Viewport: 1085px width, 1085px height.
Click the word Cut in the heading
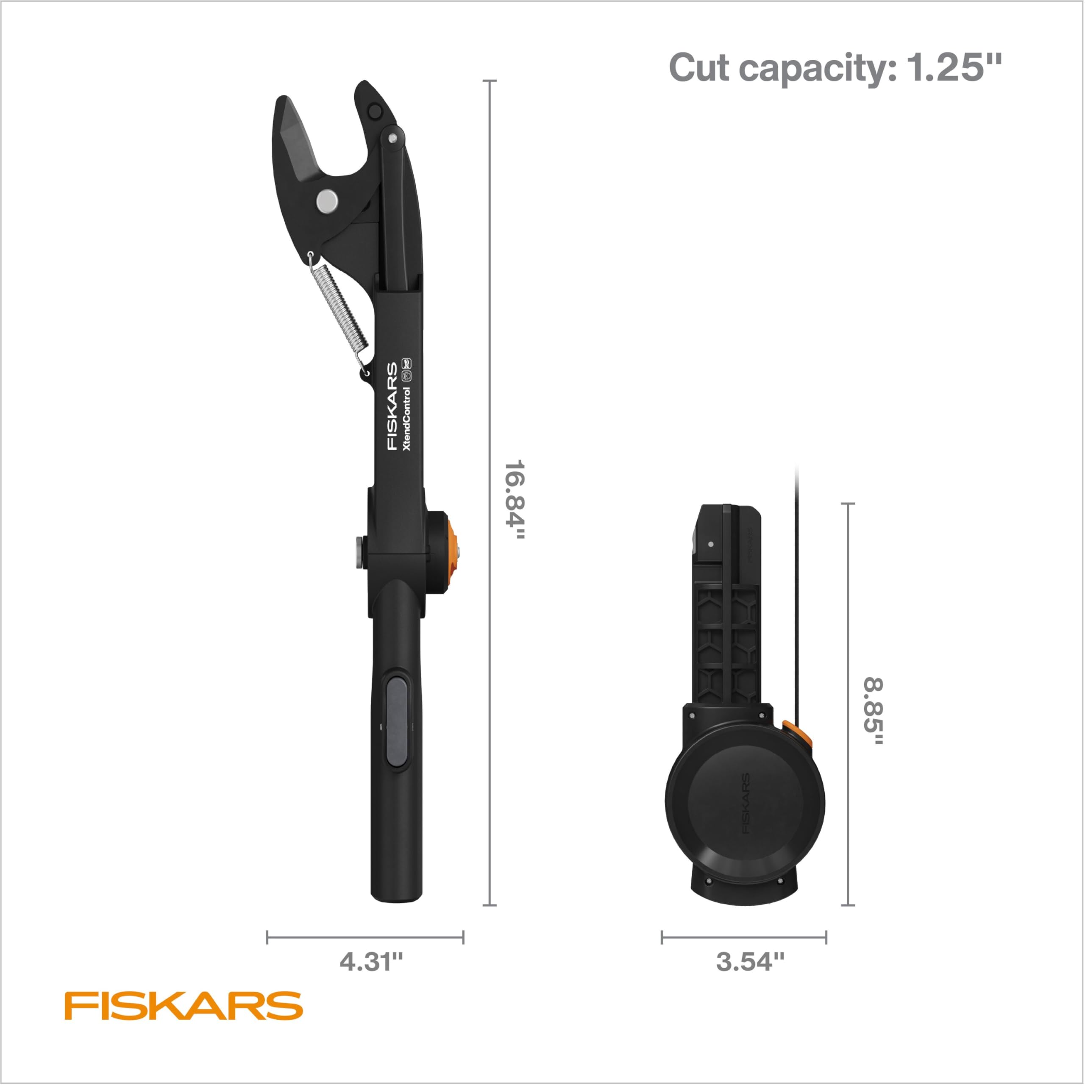point(700,68)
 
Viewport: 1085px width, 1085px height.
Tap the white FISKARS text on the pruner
point(392,406)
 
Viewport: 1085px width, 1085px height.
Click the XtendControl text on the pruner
point(407,419)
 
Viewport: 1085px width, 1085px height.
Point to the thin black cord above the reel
point(796,590)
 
